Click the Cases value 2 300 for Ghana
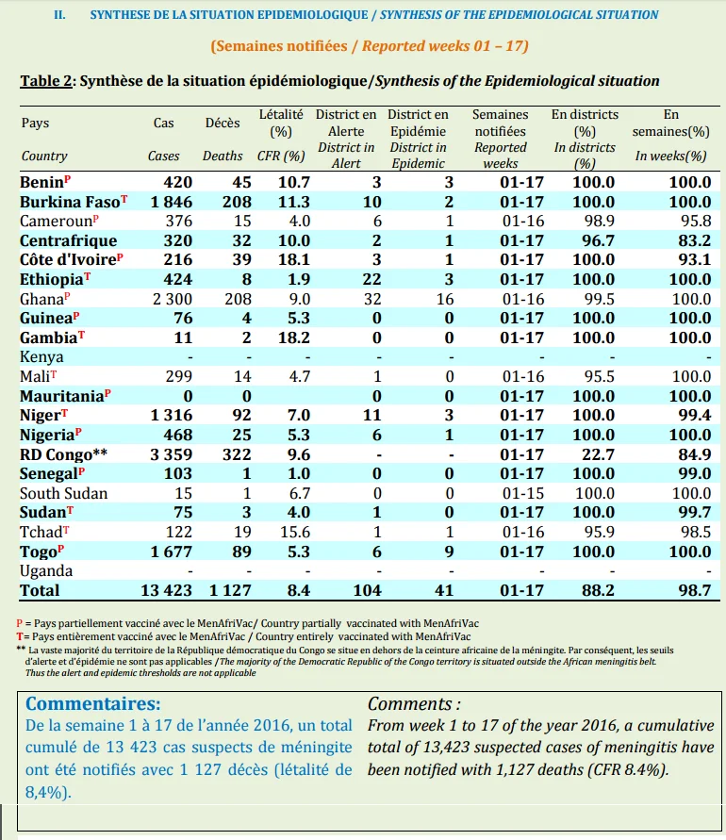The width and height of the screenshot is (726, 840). click(172, 299)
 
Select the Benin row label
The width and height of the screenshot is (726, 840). click(41, 183)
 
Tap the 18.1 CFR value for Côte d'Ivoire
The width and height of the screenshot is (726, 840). click(293, 260)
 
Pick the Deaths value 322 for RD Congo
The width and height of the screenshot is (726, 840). click(237, 454)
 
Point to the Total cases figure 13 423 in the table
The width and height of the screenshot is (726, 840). click(166, 590)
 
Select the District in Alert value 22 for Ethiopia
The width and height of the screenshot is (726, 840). click(371, 279)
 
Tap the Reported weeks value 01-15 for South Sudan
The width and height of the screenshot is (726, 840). click(523, 493)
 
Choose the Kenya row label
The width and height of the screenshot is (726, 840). click(41, 356)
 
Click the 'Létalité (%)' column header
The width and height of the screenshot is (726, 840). click(281, 123)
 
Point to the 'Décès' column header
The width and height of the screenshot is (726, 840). click(223, 123)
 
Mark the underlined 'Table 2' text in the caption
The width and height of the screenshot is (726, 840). click(46, 81)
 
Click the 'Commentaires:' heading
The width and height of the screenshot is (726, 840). click(92, 703)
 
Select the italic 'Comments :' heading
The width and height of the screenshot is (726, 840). click(414, 703)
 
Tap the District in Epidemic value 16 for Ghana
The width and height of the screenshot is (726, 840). click(445, 299)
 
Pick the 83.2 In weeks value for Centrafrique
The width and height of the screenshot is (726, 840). click(694, 240)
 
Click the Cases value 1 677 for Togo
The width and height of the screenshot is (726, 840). click(171, 552)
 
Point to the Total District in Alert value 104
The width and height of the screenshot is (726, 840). click(367, 590)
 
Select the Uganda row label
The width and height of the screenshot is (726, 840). click(45, 571)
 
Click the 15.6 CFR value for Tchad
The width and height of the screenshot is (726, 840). click(293, 532)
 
